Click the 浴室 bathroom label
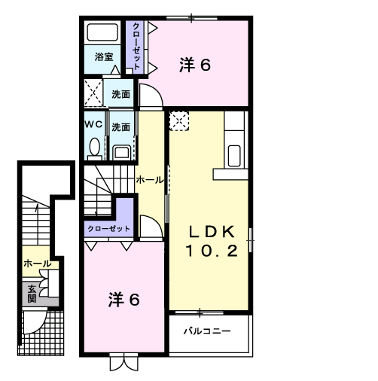click(104, 56)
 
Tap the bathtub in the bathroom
click(102, 32)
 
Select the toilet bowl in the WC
click(95, 147)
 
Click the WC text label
click(93, 124)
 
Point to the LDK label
click(212, 231)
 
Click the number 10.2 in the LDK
click(212, 251)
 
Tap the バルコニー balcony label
click(207, 331)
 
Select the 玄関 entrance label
click(32, 294)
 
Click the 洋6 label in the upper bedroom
click(195, 65)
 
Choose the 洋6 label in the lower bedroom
click(123, 300)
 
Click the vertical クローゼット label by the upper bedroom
click(136, 46)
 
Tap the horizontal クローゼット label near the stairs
click(108, 229)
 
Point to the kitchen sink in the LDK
click(234, 156)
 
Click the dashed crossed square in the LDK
click(179, 121)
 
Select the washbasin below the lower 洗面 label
click(121, 152)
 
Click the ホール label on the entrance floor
click(38, 264)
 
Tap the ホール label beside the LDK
click(150, 180)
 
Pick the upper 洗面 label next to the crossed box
click(120, 94)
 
